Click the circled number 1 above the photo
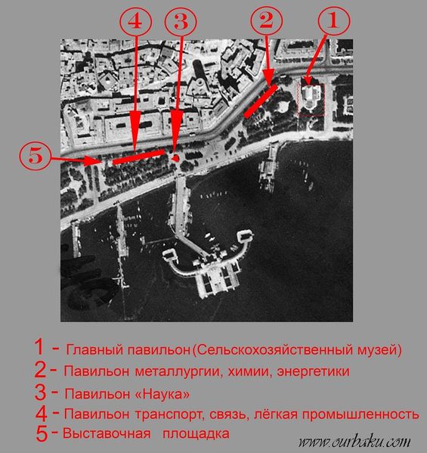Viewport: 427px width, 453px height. coord(334,21)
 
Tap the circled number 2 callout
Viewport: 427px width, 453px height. coord(266,21)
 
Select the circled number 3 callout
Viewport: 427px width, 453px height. coord(181,22)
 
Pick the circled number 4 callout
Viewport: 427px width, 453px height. coord(135,21)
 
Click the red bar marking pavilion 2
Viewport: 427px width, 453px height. coord(261,101)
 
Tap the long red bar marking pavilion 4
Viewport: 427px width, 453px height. coord(138,157)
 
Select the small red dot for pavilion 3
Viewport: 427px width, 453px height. coord(175,158)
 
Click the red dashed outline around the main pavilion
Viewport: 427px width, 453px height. coord(311,85)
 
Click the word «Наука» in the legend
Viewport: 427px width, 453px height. coord(162,394)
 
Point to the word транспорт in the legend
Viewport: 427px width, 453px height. coord(168,414)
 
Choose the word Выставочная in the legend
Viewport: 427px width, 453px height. coord(107,433)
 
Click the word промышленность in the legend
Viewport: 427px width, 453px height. coord(360,414)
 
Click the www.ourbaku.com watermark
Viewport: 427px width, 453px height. coord(354,442)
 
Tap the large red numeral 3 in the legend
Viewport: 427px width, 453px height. coord(40,392)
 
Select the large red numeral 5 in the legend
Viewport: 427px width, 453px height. coord(42,434)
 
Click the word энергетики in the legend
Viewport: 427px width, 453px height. coord(313,371)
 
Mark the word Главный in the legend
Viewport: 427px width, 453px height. coord(95,350)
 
